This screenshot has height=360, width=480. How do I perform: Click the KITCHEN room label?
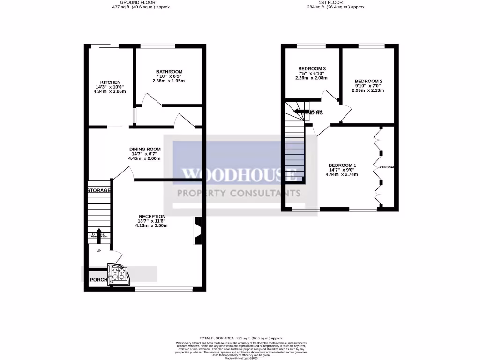tap(107, 82)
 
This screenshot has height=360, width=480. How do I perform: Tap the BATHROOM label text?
tap(169, 72)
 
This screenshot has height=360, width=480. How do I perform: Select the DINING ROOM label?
tap(145, 150)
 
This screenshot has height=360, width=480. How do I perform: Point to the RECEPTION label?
tap(152, 216)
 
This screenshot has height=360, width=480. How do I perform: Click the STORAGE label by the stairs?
tap(98, 191)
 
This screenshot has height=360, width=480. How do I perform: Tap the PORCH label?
tap(98, 280)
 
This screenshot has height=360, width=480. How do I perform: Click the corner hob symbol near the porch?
tap(118, 274)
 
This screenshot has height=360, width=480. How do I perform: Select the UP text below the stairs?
tap(99, 250)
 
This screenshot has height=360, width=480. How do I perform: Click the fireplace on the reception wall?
tap(197, 231)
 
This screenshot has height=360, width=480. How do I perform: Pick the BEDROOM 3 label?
tap(312, 69)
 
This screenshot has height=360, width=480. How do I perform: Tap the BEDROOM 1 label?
tap(342, 165)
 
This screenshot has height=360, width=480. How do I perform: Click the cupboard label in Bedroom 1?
tap(387, 167)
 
